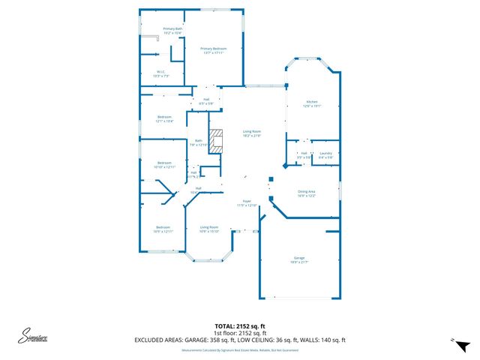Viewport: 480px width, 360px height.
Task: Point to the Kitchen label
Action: [x=311, y=103]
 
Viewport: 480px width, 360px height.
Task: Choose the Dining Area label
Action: [x=306, y=193]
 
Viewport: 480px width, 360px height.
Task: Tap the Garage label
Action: [x=299, y=259]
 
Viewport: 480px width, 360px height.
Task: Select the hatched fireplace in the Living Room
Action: [x=216, y=140]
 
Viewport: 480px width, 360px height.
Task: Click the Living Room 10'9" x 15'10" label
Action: [x=208, y=228]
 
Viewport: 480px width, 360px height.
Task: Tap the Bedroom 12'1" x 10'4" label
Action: [x=165, y=118]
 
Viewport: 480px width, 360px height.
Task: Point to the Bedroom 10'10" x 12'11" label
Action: [x=164, y=164]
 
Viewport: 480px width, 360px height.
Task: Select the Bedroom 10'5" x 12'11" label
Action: [x=163, y=229]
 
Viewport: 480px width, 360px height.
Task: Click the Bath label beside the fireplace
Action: [x=199, y=142]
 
